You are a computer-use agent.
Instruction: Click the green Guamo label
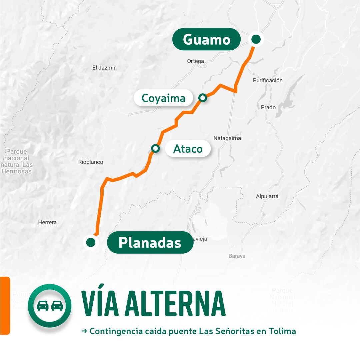pos(206,39)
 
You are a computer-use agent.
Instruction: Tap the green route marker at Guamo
pos(256,39)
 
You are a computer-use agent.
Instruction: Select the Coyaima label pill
pos(163,98)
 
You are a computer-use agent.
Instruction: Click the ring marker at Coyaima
pos(203,98)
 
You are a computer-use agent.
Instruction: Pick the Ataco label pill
pos(188,149)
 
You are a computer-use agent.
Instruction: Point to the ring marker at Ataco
pos(155,148)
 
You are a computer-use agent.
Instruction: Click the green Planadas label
pos(150,242)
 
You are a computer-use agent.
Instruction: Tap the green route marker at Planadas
pos(90,242)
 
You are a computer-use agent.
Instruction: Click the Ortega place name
pos(195,61)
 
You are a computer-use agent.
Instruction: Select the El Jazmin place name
pos(104,68)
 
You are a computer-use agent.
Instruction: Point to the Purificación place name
pos(268,80)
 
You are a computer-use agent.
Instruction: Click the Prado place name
pos(268,107)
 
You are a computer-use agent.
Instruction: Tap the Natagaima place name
pos(227,138)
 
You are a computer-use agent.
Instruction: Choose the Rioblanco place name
pos(91,162)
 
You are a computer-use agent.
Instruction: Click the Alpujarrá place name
pos(267,196)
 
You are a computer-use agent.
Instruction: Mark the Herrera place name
pos(47,222)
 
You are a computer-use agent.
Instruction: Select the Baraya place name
pos(237,256)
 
